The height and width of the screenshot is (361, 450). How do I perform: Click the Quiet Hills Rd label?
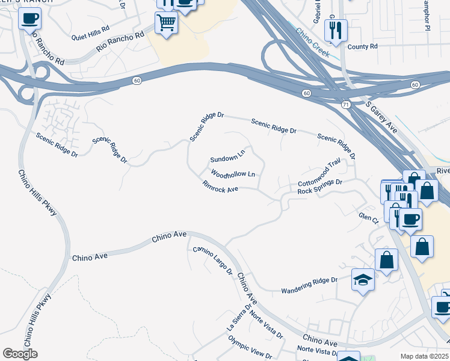90,28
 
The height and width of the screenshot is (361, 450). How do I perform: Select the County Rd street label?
362,46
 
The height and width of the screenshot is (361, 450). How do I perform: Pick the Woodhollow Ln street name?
233,174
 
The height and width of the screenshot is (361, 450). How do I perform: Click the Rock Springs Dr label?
320,186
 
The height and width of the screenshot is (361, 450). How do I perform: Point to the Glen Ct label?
368,217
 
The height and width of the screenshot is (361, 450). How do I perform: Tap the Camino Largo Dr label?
212,260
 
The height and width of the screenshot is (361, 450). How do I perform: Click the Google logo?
20,354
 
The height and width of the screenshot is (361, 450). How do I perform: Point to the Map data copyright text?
424,356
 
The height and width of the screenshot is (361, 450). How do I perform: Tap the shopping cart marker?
166,23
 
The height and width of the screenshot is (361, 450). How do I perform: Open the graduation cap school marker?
363,279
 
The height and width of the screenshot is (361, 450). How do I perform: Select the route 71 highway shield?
345,104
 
